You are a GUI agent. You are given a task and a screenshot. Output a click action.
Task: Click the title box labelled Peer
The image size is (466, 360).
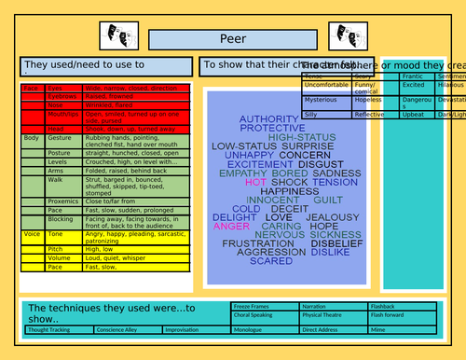[x=232, y=39]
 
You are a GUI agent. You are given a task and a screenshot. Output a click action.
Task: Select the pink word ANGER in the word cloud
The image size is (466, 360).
[x=231, y=227]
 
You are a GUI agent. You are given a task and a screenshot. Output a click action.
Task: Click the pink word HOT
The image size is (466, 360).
[x=255, y=183]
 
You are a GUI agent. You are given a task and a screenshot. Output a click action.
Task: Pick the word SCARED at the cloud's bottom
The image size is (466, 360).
[x=271, y=262]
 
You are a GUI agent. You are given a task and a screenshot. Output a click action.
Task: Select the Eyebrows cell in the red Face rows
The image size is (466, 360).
[x=62, y=96]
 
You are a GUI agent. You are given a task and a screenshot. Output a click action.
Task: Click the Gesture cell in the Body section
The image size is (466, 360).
[x=62, y=138]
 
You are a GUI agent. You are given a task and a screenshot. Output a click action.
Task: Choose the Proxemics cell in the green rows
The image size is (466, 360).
[x=63, y=201]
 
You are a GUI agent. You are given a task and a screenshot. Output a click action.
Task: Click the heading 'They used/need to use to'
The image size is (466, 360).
[x=84, y=65]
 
